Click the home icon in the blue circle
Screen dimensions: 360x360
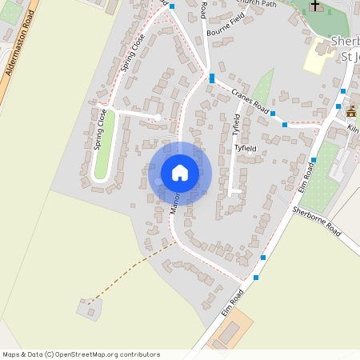pyautogui.click(x=180, y=173)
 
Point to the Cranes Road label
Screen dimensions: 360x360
pyautogui.click(x=249, y=99)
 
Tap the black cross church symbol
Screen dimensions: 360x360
pyautogui.click(x=315, y=6)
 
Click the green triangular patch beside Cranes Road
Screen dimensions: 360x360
pyautogui.click(x=263, y=83)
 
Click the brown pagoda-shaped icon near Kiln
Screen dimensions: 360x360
pyautogui.click(x=351, y=111)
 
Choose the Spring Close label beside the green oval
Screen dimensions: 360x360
pyautogui.click(x=101, y=130)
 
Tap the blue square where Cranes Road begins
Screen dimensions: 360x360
pyautogui.click(x=211, y=78)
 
